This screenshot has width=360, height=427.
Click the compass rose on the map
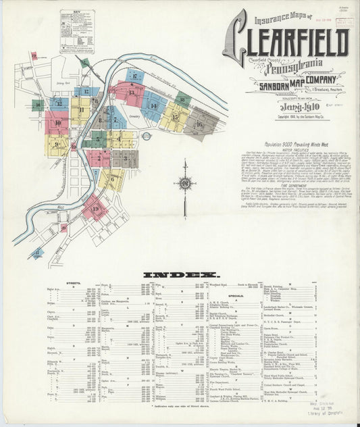[184, 182]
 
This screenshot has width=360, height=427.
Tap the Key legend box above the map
[77, 31]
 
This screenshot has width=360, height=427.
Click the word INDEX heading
[180, 275]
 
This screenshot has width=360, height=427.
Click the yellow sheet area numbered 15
[174, 117]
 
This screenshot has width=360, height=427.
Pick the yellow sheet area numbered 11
[81, 110]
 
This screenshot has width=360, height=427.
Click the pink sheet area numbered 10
[57, 123]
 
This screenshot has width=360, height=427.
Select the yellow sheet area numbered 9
[57, 144]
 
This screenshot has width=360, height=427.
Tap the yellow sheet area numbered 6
[111, 180]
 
